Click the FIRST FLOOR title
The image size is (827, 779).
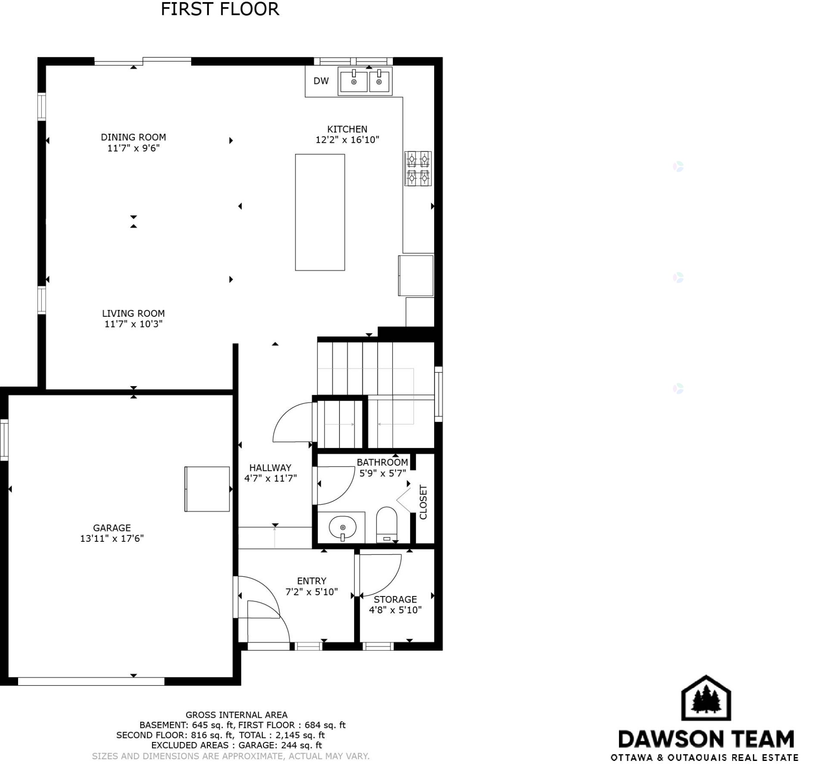click(220, 9)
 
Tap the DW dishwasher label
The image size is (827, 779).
click(321, 80)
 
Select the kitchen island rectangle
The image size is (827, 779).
click(320, 212)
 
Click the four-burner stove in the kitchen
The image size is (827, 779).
click(418, 168)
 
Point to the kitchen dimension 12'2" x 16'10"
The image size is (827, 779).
click(347, 140)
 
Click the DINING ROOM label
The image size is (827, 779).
click(134, 137)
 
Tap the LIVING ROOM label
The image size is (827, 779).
click(134, 313)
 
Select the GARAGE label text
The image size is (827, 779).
click(112, 528)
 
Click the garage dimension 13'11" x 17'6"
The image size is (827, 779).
click(112, 538)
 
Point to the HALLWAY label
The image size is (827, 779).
click(270, 467)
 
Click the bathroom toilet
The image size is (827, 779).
click(386, 525)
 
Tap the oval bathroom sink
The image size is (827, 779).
click(343, 527)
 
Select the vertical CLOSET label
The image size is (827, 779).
click(423, 502)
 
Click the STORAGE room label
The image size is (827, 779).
click(395, 600)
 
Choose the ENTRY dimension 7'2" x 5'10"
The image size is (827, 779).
click(312, 592)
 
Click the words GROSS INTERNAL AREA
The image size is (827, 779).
click(236, 715)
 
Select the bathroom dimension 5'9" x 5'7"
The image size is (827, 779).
click(383, 473)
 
